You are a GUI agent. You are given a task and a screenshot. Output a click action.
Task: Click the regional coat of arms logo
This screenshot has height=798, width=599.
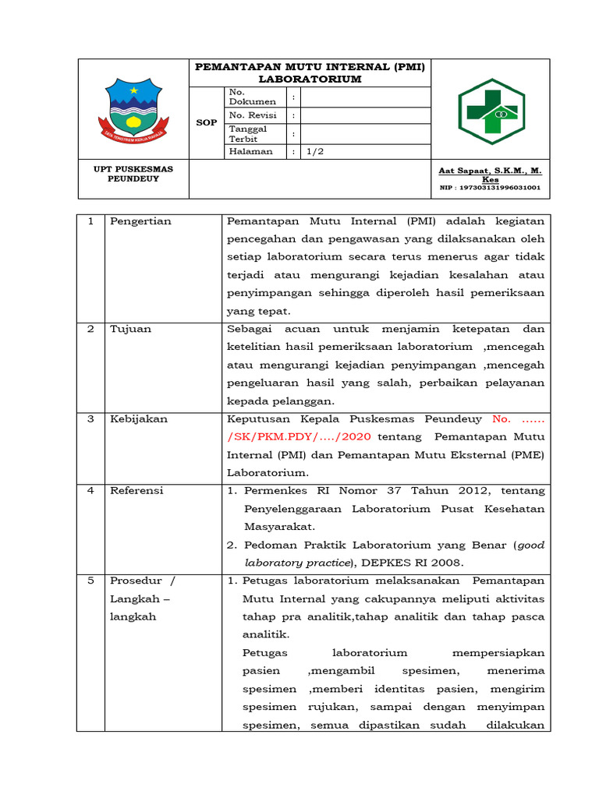[x=133, y=111]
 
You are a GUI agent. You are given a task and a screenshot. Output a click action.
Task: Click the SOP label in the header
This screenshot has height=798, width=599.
[x=206, y=123]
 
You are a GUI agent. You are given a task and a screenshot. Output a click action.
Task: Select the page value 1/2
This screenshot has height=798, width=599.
[x=315, y=152]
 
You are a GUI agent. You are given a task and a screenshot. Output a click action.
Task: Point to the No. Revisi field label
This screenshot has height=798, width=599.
[x=247, y=115]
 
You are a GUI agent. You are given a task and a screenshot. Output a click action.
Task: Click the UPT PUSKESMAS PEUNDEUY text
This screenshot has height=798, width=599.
[x=133, y=173]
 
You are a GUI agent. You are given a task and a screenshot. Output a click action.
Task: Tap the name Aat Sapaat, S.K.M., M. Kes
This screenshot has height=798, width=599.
[x=490, y=174]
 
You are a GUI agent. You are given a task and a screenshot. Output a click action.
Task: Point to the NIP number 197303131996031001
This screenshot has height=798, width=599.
[x=490, y=188]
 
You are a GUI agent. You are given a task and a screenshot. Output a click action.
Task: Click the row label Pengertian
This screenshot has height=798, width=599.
[x=140, y=221]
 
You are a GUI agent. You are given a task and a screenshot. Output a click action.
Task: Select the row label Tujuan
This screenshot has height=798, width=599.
[x=130, y=329]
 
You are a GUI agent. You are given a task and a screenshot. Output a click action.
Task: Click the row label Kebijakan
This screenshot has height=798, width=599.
[x=138, y=418]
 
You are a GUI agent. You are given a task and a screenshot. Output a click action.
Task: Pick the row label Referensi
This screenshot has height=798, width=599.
[x=136, y=490]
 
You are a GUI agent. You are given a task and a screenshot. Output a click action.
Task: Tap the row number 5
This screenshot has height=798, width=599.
[x=90, y=581]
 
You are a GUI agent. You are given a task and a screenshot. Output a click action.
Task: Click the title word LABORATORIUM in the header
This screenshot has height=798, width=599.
[x=310, y=79]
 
